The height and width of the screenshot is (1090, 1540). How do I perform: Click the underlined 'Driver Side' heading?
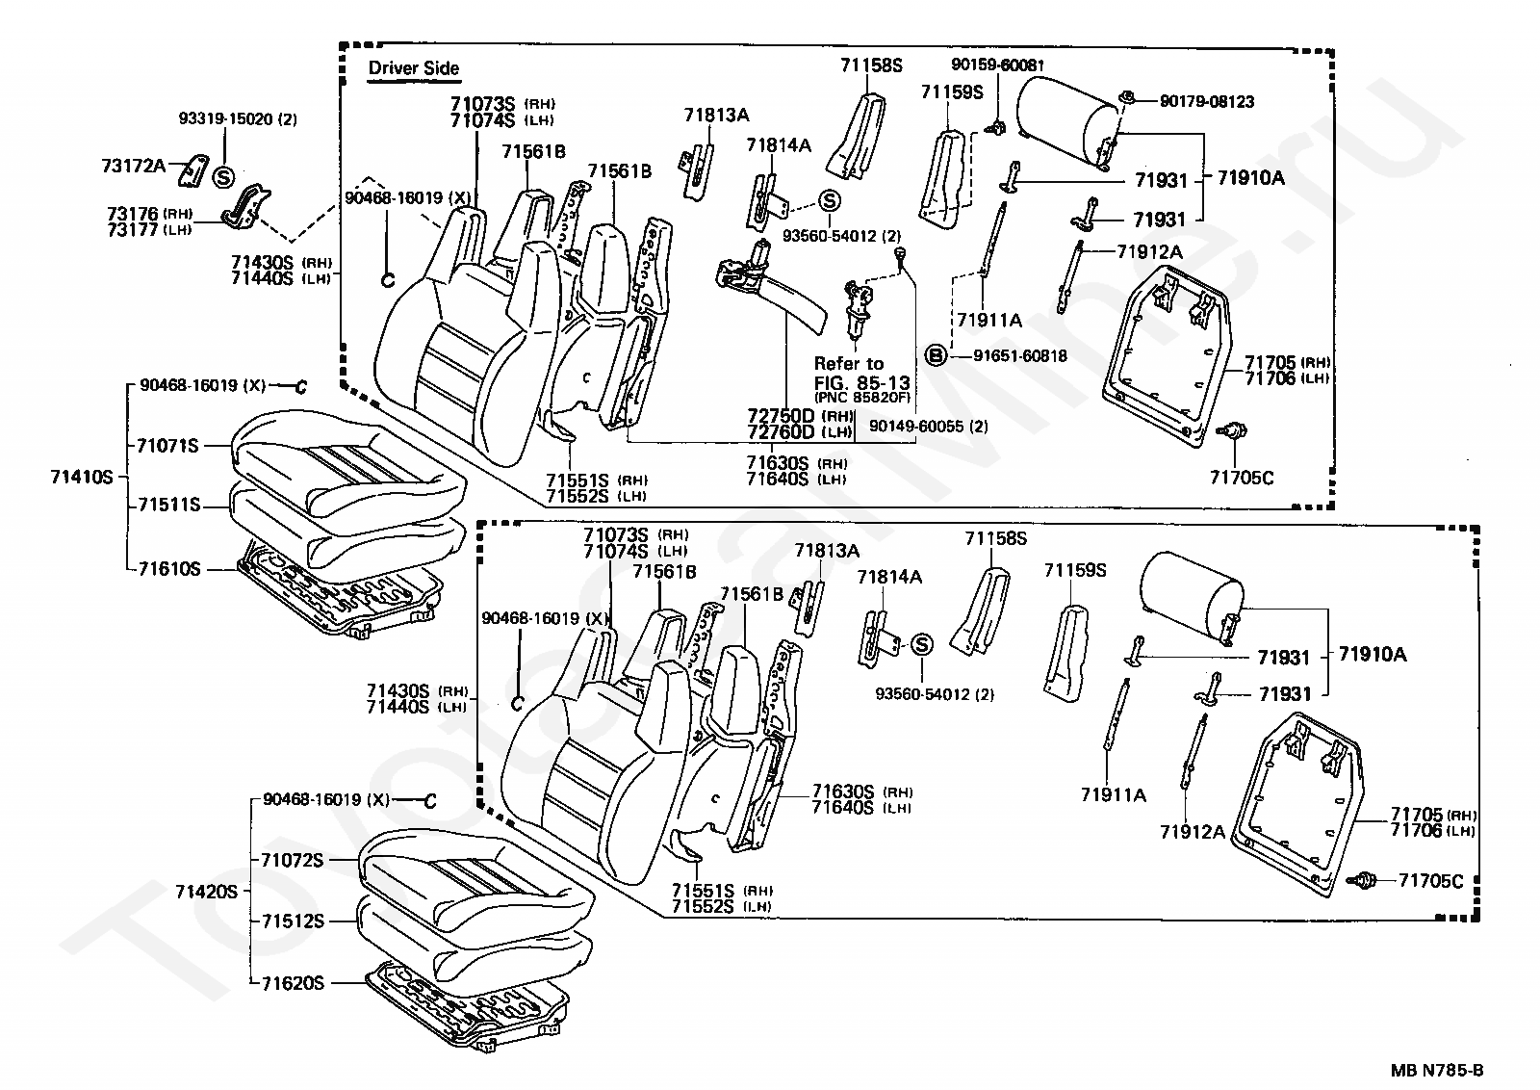click(x=414, y=69)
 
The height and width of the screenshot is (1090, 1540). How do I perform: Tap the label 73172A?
click(x=134, y=166)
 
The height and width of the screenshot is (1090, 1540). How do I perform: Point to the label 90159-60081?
click(x=997, y=65)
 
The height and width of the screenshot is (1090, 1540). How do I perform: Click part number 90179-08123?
click(x=1206, y=101)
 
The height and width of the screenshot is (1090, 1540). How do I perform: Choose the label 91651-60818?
click(x=1019, y=356)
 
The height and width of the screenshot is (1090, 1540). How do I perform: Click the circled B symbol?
click(x=935, y=356)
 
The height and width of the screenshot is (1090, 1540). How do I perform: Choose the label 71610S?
click(x=167, y=569)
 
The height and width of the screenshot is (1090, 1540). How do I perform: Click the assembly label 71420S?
click(x=206, y=892)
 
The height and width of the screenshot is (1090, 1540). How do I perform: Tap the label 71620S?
click(x=292, y=983)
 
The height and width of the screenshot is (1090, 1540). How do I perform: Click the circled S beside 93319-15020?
click(x=222, y=177)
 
